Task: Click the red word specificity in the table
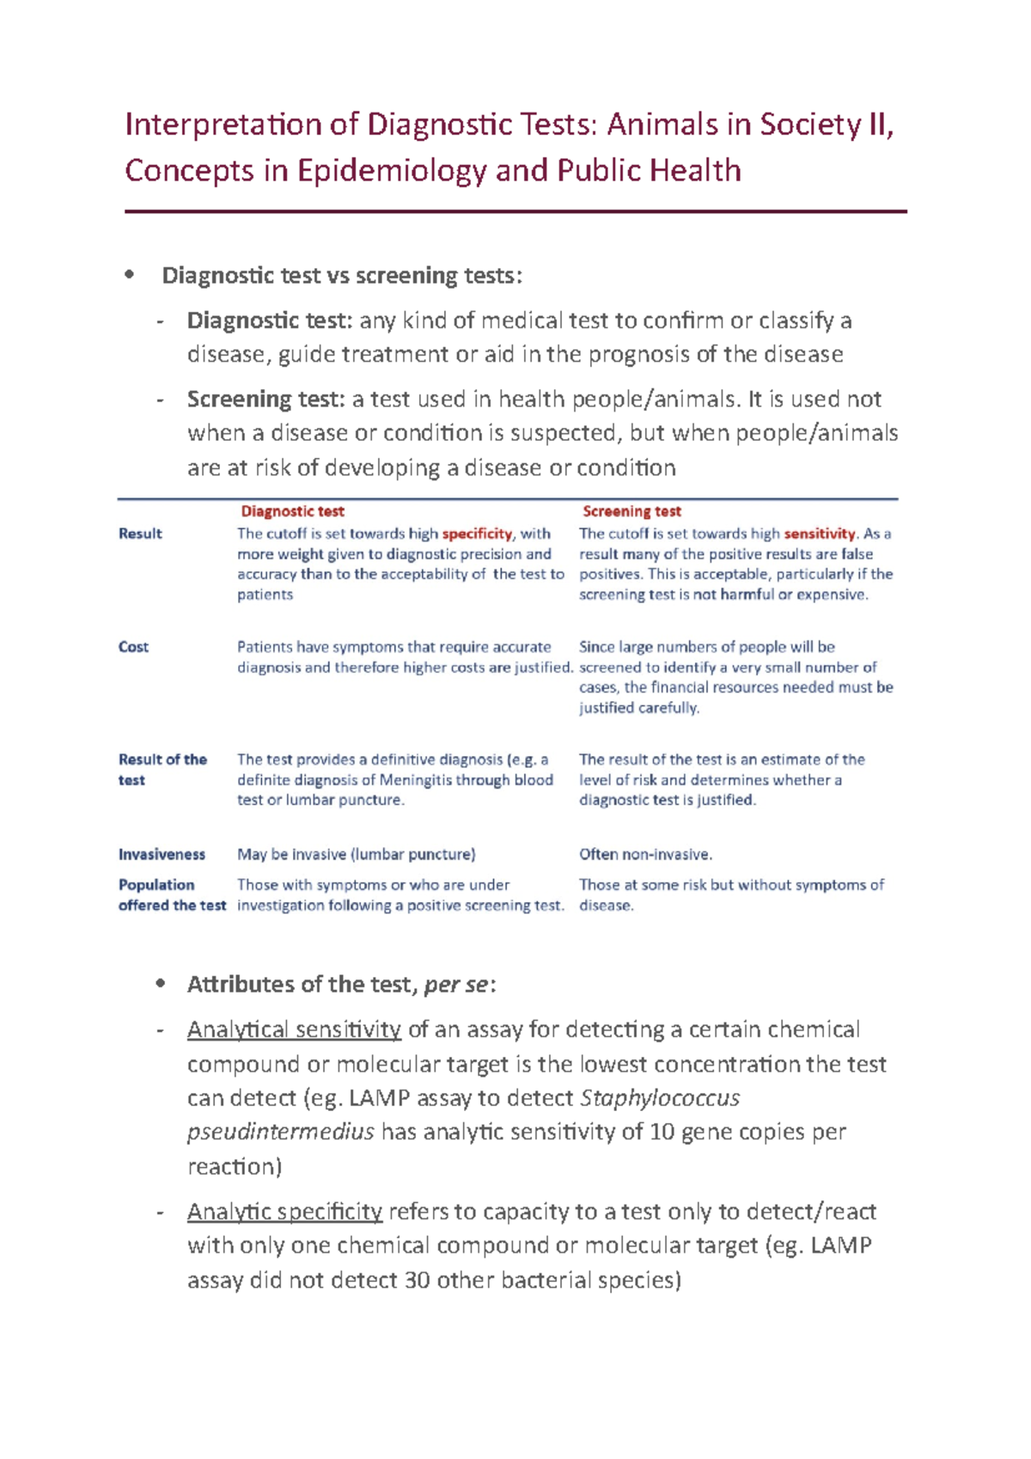coord(477,534)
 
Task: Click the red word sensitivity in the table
coord(820,534)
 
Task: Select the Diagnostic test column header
coord(292,511)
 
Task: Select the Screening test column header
coord(631,511)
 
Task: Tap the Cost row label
coord(133,647)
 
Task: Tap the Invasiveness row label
coord(162,854)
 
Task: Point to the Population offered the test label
coord(171,894)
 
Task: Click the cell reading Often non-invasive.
coord(645,854)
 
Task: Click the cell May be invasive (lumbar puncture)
coord(356,854)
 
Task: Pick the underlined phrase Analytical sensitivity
coord(294,1029)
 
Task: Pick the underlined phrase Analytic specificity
coord(284,1212)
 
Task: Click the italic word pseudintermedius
coord(280,1132)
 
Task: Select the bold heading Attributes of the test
coord(301,985)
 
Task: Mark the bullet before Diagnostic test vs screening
coord(130,275)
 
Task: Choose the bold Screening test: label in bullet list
coord(266,400)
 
